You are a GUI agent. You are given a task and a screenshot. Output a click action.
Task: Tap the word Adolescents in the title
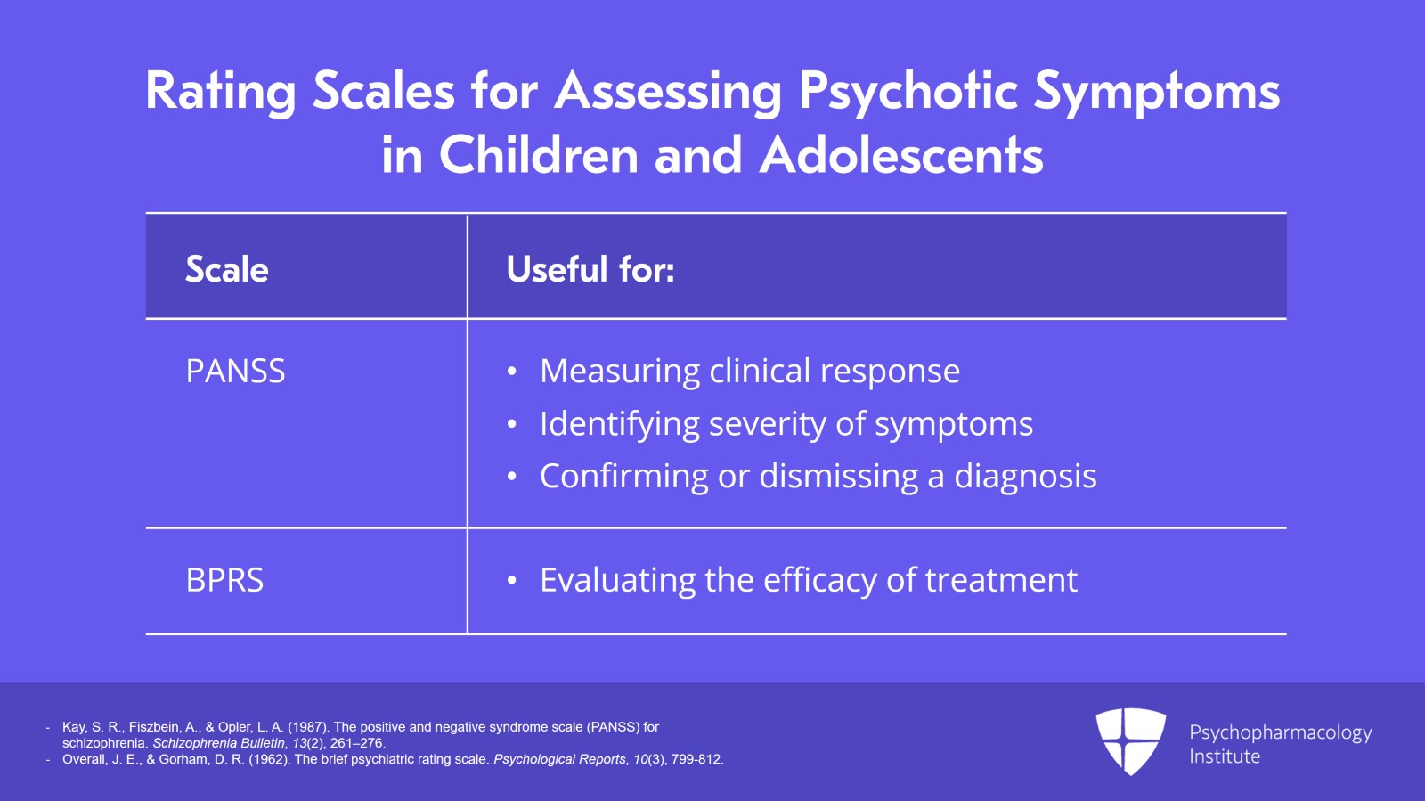[901, 155]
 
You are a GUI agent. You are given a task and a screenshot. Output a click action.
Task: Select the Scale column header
[226, 269]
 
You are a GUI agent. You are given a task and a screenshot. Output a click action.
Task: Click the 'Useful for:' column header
[590, 268]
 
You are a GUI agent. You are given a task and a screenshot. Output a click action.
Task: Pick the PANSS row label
[235, 371]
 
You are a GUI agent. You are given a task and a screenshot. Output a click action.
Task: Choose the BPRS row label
[224, 580]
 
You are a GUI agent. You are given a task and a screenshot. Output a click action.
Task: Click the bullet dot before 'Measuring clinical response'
[511, 372]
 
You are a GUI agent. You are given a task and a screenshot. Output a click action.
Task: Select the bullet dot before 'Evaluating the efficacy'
[511, 580]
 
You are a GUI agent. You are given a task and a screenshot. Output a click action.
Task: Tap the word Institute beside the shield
[1225, 756]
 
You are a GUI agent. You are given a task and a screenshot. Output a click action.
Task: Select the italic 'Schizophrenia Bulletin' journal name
[218, 743]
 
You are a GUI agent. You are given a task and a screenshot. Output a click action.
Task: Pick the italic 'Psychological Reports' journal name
[559, 759]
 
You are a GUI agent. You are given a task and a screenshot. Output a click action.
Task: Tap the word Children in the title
[539, 155]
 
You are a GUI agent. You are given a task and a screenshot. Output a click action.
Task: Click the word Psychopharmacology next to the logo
[1281, 733]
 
